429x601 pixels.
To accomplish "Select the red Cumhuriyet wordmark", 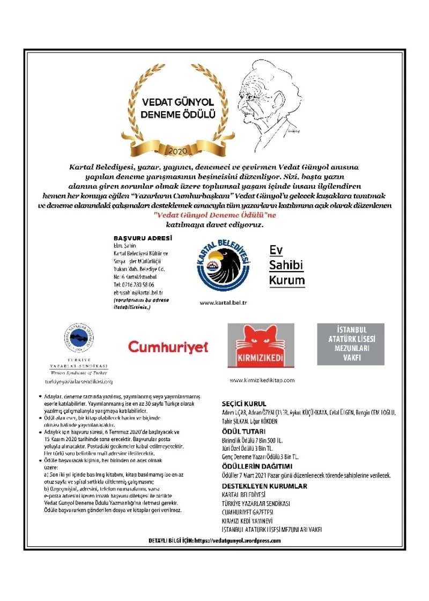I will [168, 347].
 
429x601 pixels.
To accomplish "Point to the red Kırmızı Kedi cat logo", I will [261, 345].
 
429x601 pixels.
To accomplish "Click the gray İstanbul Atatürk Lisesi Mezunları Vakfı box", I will [351, 344].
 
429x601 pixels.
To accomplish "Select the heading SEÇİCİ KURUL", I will [244, 404].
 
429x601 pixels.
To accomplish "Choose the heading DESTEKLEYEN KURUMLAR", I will [264, 486].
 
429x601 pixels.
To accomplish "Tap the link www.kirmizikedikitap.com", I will [262, 380].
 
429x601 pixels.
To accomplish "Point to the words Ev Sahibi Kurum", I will [286, 265].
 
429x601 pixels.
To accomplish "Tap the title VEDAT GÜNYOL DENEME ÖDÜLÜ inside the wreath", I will [177, 109].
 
